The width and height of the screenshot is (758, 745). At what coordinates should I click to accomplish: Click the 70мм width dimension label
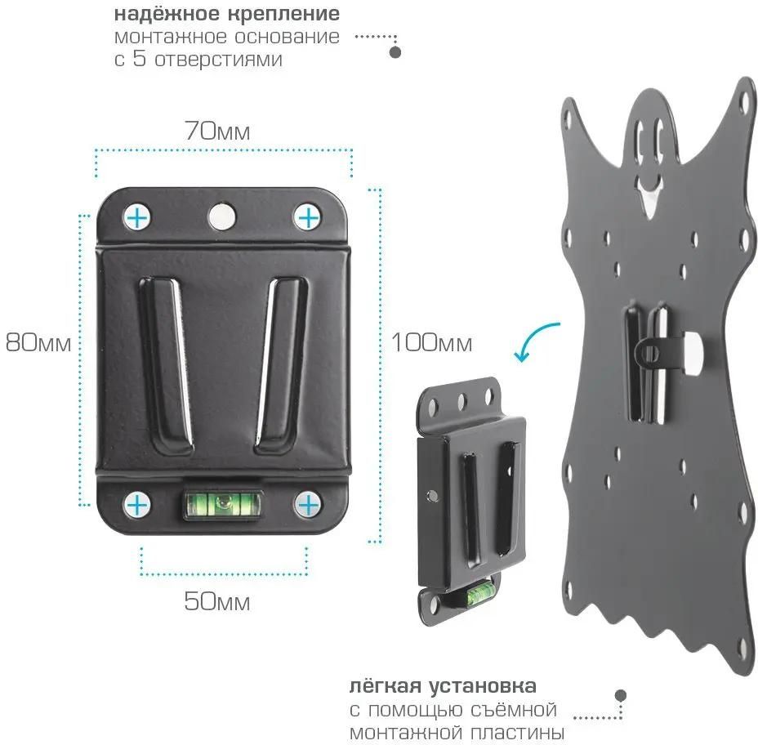(x=217, y=131)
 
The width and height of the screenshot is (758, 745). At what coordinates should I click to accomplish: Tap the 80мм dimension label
(x=38, y=343)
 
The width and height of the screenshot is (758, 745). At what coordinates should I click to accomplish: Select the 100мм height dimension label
(x=431, y=343)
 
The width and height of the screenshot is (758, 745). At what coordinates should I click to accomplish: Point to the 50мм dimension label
(x=217, y=602)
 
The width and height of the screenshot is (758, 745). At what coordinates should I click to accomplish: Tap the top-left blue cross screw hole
(x=138, y=217)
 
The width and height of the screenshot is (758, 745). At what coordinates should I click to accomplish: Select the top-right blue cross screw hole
(x=307, y=217)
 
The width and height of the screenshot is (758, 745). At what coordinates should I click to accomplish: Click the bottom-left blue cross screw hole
(x=138, y=505)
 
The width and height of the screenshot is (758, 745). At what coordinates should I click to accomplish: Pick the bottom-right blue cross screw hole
(x=307, y=505)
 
